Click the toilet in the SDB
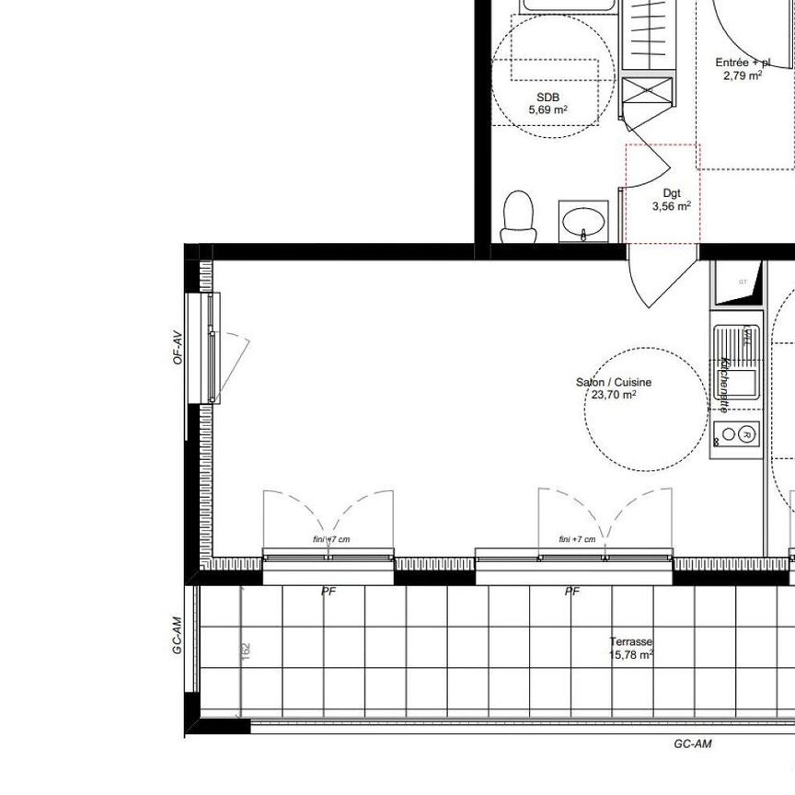(x=519, y=215)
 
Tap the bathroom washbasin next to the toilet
(x=583, y=223)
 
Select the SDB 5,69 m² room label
(x=547, y=103)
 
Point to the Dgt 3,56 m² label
(x=672, y=201)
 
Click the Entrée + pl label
(x=743, y=69)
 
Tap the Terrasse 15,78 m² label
(x=630, y=649)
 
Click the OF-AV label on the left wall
(x=177, y=348)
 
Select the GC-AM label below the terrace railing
(x=692, y=744)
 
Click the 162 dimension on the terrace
(x=245, y=649)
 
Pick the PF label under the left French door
(x=328, y=592)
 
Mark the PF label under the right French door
(x=572, y=592)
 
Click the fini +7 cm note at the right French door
(x=577, y=539)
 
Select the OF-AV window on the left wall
(x=213, y=348)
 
